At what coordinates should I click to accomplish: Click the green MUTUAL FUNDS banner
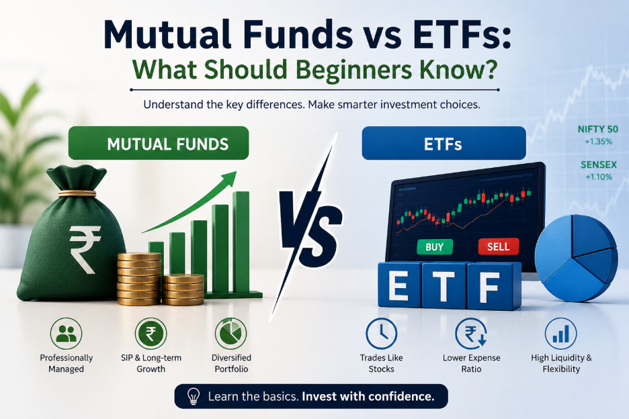(159, 143)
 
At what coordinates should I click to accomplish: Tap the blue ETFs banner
(444, 143)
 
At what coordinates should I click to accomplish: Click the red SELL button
(498, 246)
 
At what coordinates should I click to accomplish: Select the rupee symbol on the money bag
(84, 248)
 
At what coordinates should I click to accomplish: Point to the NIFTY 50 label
(597, 129)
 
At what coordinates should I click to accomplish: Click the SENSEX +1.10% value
(599, 177)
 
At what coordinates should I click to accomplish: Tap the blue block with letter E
(400, 285)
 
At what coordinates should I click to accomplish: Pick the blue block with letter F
(494, 286)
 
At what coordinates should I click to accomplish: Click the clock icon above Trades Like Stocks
(382, 334)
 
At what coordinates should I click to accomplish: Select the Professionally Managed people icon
(66, 334)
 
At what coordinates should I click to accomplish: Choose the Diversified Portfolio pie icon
(231, 334)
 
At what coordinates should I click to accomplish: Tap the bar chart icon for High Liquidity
(561, 334)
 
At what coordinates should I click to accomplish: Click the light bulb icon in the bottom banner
(194, 396)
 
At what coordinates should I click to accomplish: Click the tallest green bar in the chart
(241, 242)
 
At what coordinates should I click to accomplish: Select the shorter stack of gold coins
(183, 289)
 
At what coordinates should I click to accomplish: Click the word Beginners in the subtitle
(354, 69)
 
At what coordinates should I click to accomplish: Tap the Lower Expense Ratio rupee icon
(471, 334)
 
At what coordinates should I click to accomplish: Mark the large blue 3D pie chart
(576, 257)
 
